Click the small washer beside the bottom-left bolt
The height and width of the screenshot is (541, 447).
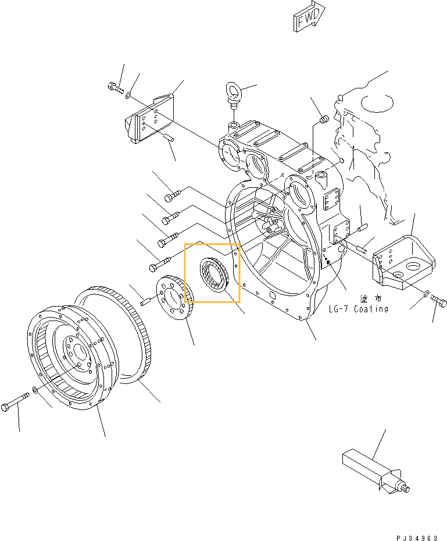[36, 389]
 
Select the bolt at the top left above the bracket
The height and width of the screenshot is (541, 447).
[115, 88]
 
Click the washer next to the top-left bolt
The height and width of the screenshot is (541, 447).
[128, 92]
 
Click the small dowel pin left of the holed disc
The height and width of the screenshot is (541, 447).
[146, 300]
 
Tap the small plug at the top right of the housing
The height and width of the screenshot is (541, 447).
[324, 120]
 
